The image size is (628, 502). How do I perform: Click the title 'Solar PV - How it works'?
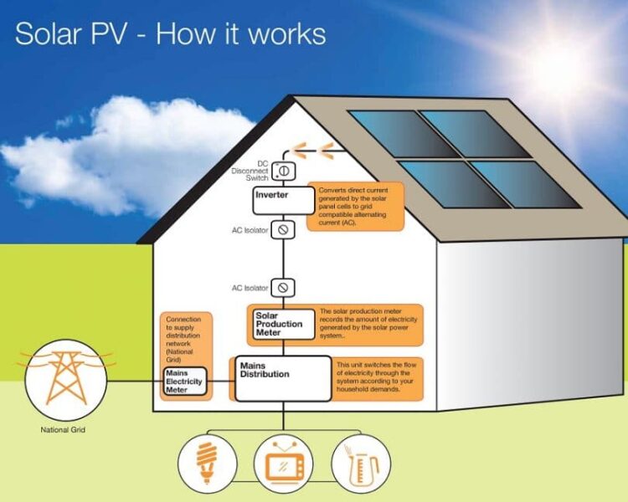click(170, 34)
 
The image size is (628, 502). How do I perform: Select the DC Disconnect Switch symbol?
click(283, 171)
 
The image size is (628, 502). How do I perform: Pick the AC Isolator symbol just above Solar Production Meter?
click(283, 288)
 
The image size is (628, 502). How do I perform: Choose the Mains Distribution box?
click(282, 377)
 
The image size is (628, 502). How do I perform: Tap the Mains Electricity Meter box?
click(184, 382)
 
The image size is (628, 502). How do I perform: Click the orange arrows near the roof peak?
click(317, 151)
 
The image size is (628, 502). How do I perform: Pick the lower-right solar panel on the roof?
click(525, 184)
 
